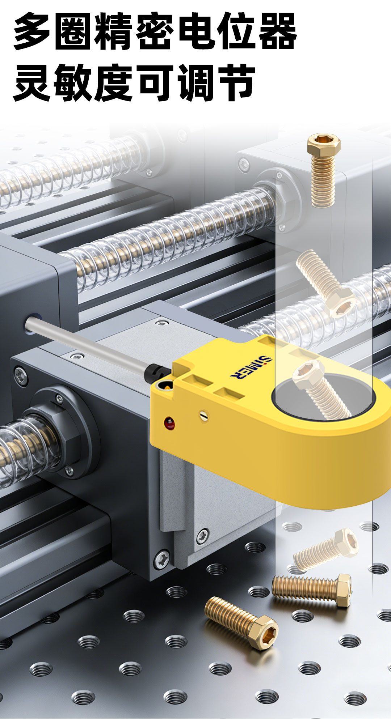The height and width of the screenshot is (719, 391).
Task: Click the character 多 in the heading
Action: (32, 32)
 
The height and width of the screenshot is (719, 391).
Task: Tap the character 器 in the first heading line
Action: (277, 32)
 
